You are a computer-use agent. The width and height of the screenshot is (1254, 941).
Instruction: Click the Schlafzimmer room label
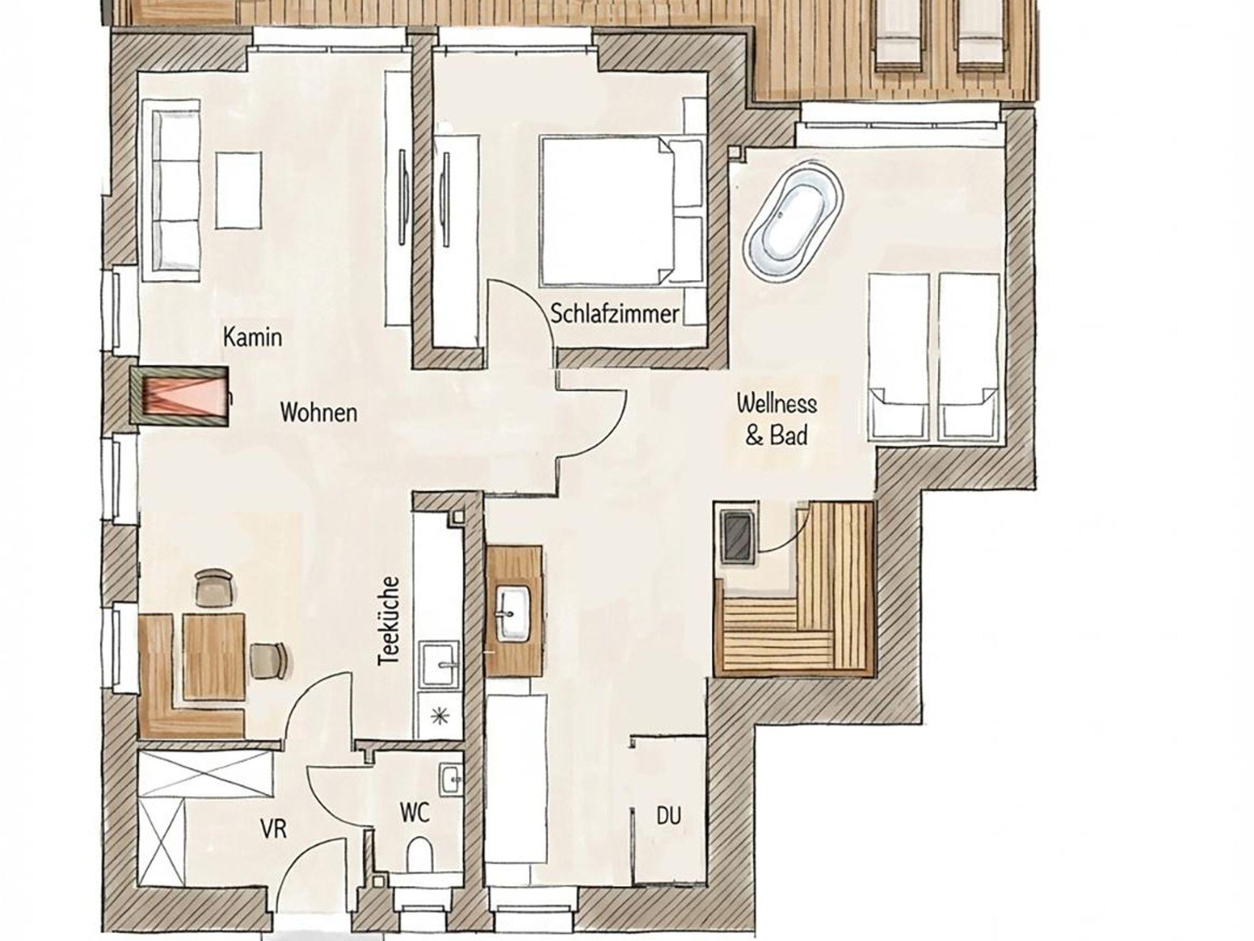pos(615,314)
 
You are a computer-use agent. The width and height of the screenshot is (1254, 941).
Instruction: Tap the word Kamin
pos(252,337)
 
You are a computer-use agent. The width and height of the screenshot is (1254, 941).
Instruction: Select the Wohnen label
pos(318,412)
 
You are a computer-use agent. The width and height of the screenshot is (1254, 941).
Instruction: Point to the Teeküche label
pos(389,620)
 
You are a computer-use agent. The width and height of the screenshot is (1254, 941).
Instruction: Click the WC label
pos(415,813)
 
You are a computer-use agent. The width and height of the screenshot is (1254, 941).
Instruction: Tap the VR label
pos(273,829)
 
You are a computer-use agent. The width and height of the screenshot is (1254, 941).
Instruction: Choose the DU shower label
pos(669,816)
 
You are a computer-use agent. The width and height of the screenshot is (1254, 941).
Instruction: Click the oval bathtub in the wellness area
pos(793,221)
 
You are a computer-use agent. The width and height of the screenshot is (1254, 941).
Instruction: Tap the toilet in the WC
pos(419,853)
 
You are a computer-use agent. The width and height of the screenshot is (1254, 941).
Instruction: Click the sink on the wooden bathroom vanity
pos(513,614)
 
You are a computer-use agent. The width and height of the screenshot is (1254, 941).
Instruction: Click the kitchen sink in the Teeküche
pos(438,663)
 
